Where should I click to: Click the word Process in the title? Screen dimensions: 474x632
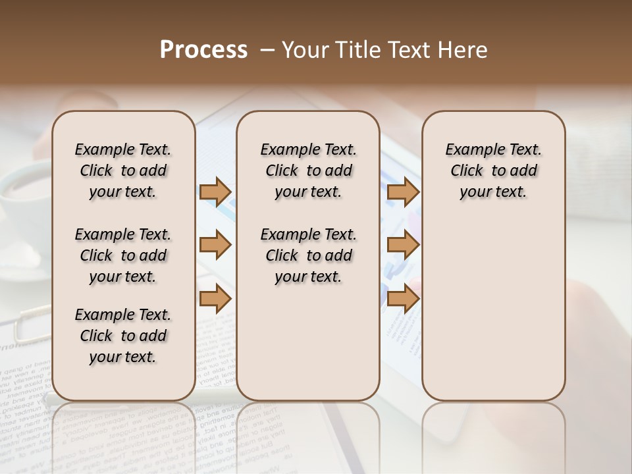point(203,50)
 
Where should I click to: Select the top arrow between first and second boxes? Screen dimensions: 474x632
point(215,192)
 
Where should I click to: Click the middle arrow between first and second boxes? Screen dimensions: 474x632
point(215,246)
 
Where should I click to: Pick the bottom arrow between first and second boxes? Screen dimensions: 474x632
point(215,299)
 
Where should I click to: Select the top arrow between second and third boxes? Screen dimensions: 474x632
point(403,192)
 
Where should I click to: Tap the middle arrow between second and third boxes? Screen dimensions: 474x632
point(403,246)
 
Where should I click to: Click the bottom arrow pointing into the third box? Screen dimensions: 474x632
point(403,299)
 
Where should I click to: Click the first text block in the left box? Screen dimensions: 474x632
point(123,171)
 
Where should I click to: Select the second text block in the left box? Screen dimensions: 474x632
point(123,255)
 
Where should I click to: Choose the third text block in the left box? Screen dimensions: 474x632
point(123,336)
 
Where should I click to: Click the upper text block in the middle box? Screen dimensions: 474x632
point(308,171)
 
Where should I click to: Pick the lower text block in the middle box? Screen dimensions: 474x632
point(308,255)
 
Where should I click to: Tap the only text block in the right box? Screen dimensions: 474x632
point(493,171)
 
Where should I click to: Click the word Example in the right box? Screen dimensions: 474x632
point(472,150)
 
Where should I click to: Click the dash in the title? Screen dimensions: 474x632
point(267,50)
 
